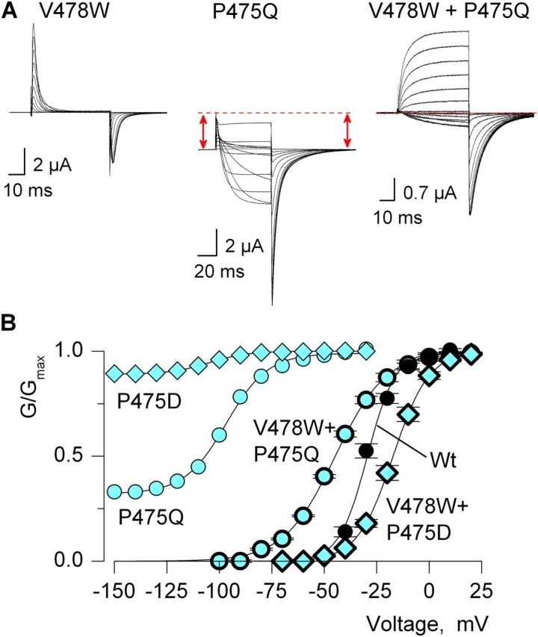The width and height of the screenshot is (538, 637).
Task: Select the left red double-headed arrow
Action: pos(201,131)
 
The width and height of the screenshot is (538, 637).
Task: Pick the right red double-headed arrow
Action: pos(347,131)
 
